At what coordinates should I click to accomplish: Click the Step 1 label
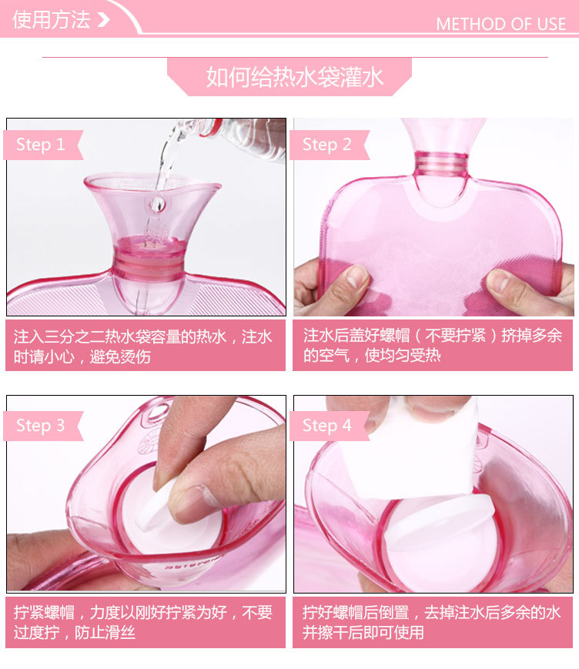(x=40, y=145)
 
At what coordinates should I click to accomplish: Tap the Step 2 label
(x=326, y=145)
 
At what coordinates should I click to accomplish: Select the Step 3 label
(x=40, y=426)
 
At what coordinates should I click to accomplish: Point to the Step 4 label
(x=326, y=426)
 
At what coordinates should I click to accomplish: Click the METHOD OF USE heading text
(x=500, y=24)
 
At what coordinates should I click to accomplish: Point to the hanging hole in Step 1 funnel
(x=157, y=204)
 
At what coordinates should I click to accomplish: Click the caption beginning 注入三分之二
(x=143, y=346)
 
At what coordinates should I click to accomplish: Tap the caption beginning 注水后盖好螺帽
(x=432, y=346)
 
